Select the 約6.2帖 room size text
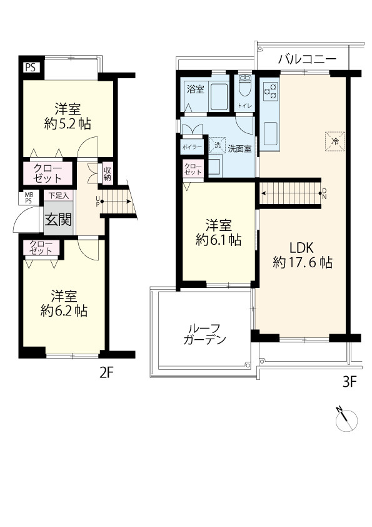point(64,310)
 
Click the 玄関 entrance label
point(57,220)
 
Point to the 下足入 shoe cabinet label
point(59,196)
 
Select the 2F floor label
point(107,374)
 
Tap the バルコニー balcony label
point(306,59)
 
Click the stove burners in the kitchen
point(270,91)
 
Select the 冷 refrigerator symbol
point(334,141)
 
